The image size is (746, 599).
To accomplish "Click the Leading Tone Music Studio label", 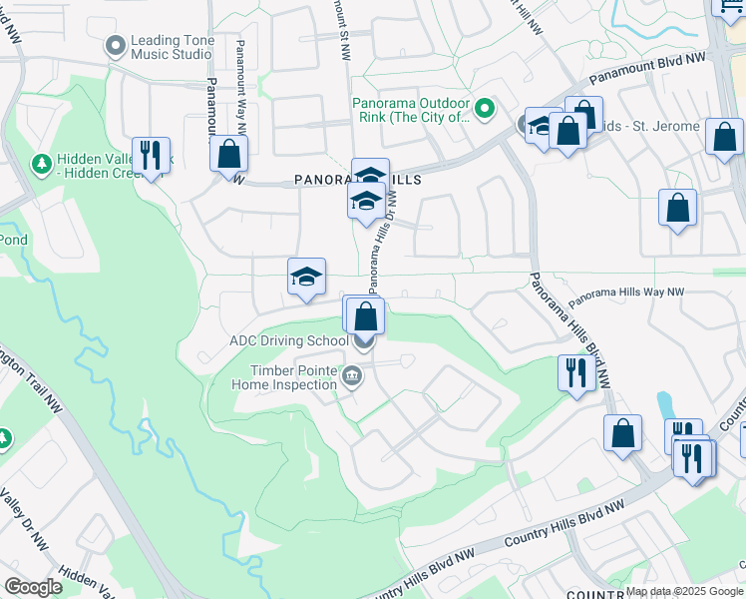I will coord(172,47).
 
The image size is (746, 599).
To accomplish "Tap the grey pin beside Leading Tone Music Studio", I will coord(116,46).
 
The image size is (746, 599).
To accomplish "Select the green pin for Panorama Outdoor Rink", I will coord(485,108).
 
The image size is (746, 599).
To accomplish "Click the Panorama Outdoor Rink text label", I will coord(411,110).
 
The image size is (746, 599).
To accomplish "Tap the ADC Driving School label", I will coord(288,340).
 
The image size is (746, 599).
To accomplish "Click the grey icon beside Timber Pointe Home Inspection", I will coord(351,375).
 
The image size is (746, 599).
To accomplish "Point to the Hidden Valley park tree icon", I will coord(41,163).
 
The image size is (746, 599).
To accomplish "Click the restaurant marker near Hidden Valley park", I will coord(151,156).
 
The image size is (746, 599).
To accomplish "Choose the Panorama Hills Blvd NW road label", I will coord(565,329).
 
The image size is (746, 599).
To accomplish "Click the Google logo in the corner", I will coord(34,587).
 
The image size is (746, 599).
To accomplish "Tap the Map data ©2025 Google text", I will coord(684,591).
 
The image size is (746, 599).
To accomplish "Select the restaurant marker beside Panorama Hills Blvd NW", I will coord(576,373).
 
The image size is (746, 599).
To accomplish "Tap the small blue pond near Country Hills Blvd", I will coord(664,405).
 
